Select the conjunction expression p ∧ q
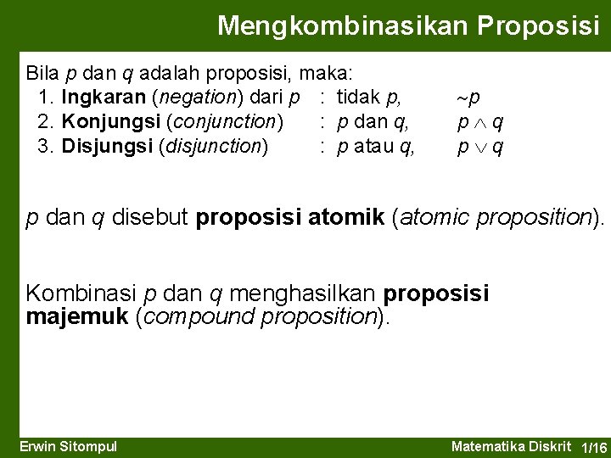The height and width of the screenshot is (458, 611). (480, 122)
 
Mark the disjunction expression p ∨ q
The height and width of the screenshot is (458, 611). (480, 147)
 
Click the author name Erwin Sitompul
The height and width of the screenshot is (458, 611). (68, 447)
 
